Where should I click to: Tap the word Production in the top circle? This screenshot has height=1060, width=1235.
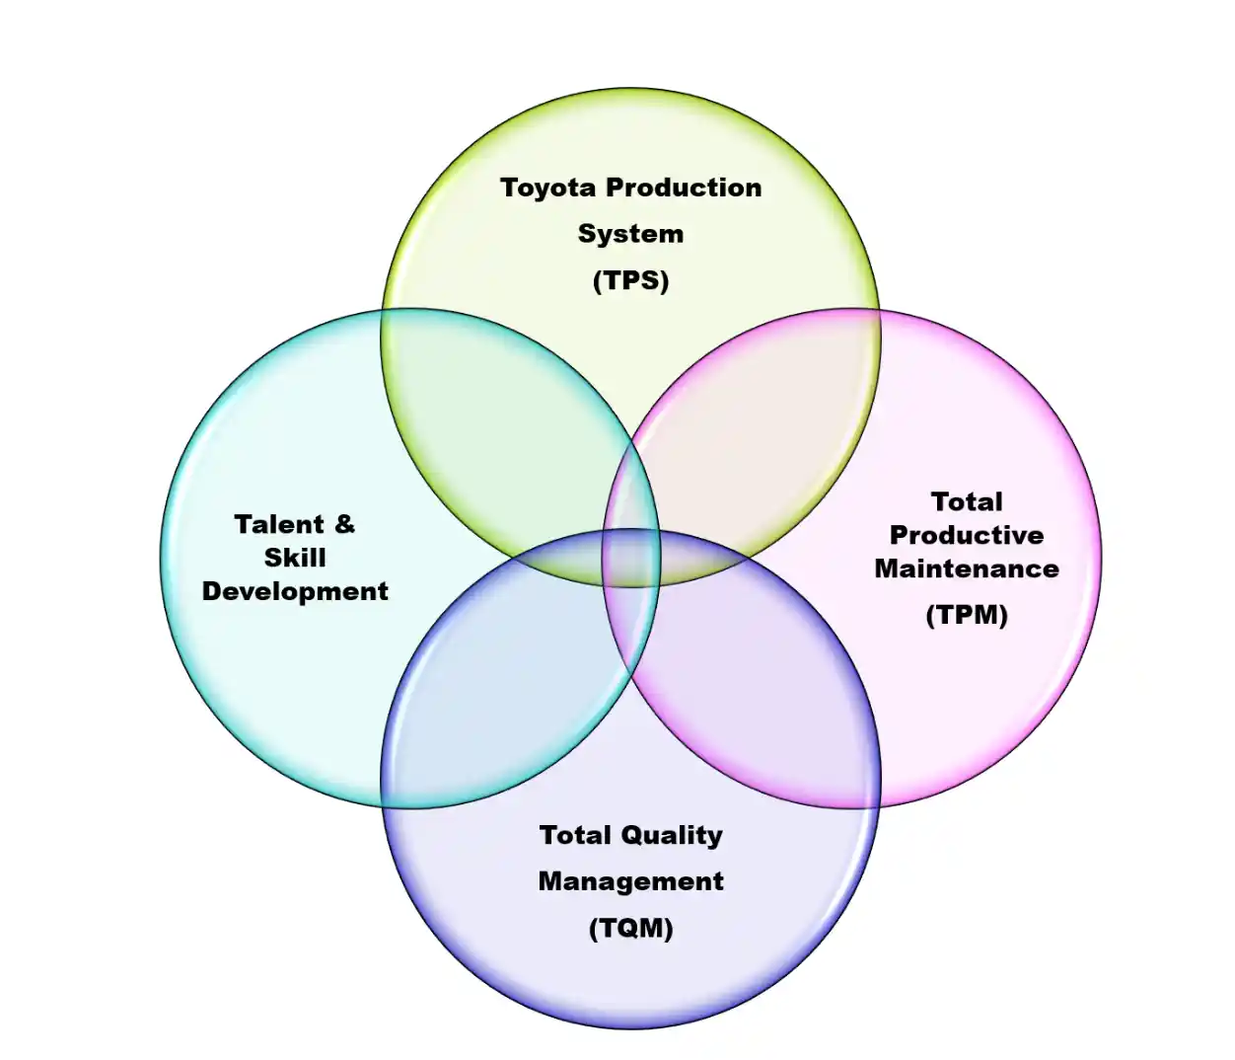coord(684,188)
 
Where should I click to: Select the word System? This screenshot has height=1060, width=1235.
coord(630,234)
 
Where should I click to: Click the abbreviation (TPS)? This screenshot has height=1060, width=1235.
coord(630,280)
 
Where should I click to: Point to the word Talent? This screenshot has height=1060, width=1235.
coord(279,524)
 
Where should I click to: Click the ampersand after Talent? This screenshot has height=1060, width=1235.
coord(344,523)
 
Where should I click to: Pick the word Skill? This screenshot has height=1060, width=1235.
coord(294,558)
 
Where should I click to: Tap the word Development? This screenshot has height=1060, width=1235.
coord(294,591)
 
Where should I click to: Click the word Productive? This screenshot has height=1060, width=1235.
coord(966,535)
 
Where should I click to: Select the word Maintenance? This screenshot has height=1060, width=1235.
coord(966,568)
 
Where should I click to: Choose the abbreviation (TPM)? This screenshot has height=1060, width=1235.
coord(966,615)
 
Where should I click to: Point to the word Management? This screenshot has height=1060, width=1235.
coord(630,881)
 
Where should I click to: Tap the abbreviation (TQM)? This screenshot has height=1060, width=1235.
coord(630,928)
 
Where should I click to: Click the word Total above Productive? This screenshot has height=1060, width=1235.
coord(966,501)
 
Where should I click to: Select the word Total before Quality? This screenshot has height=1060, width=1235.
coord(575,835)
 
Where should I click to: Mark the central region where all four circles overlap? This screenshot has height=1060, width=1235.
coord(630,558)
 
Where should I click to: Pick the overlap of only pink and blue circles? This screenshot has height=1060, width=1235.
coord(779,691)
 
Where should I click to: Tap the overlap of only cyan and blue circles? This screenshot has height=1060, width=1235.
coord(483,691)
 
